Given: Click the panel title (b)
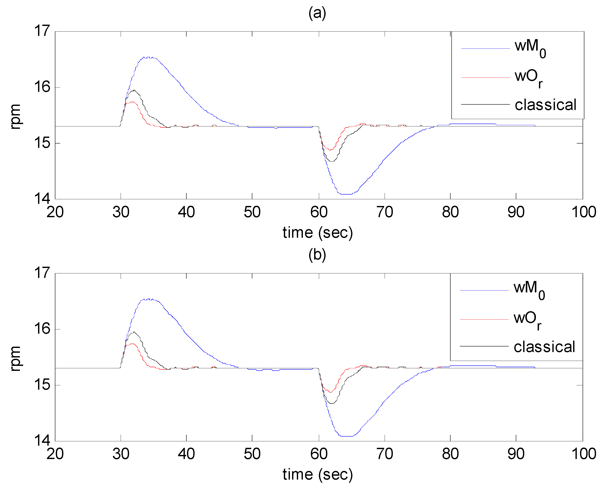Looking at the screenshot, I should pyautogui.click(x=317, y=255).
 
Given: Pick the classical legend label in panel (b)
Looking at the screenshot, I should pyautogui.click(x=544, y=347).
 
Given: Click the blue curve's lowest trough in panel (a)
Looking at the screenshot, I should pyautogui.click(x=346, y=194).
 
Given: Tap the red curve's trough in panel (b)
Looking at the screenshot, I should pyautogui.click(x=331, y=392).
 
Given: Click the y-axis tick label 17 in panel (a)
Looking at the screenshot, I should pyautogui.click(x=42, y=31).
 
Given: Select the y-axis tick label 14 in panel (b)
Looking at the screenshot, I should pyautogui.click(x=42, y=440).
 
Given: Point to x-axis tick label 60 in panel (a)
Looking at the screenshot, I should pyautogui.click(x=319, y=212).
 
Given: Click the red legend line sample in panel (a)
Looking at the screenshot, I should pyautogui.click(x=485, y=78).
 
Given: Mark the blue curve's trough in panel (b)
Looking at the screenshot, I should pyautogui.click(x=347, y=436).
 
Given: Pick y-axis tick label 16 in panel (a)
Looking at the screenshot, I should pyautogui.click(x=42, y=87).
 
